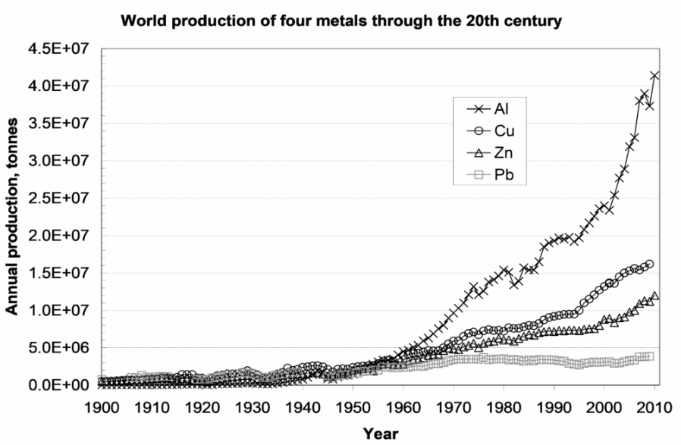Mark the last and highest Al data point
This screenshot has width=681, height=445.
point(654,75)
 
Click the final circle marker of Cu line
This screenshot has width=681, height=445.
point(650,264)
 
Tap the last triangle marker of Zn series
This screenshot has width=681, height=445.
point(654,296)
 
